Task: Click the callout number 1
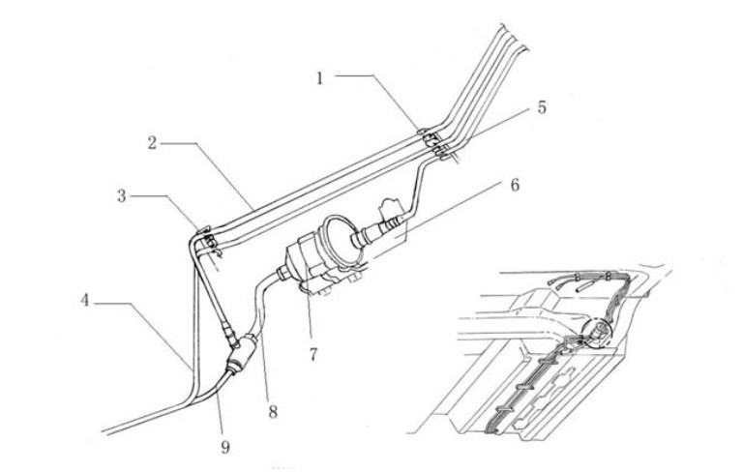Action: point(320,78)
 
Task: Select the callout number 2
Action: point(152,142)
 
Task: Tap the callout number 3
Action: point(122,196)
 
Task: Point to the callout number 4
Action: point(85,300)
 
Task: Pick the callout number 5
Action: point(542,107)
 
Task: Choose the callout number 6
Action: point(515,185)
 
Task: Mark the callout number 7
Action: point(312,354)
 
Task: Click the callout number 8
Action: point(273,411)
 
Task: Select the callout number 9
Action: point(225,447)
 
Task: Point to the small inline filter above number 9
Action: point(242,354)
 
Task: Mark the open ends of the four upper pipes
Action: point(513,38)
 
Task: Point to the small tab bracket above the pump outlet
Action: point(392,208)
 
